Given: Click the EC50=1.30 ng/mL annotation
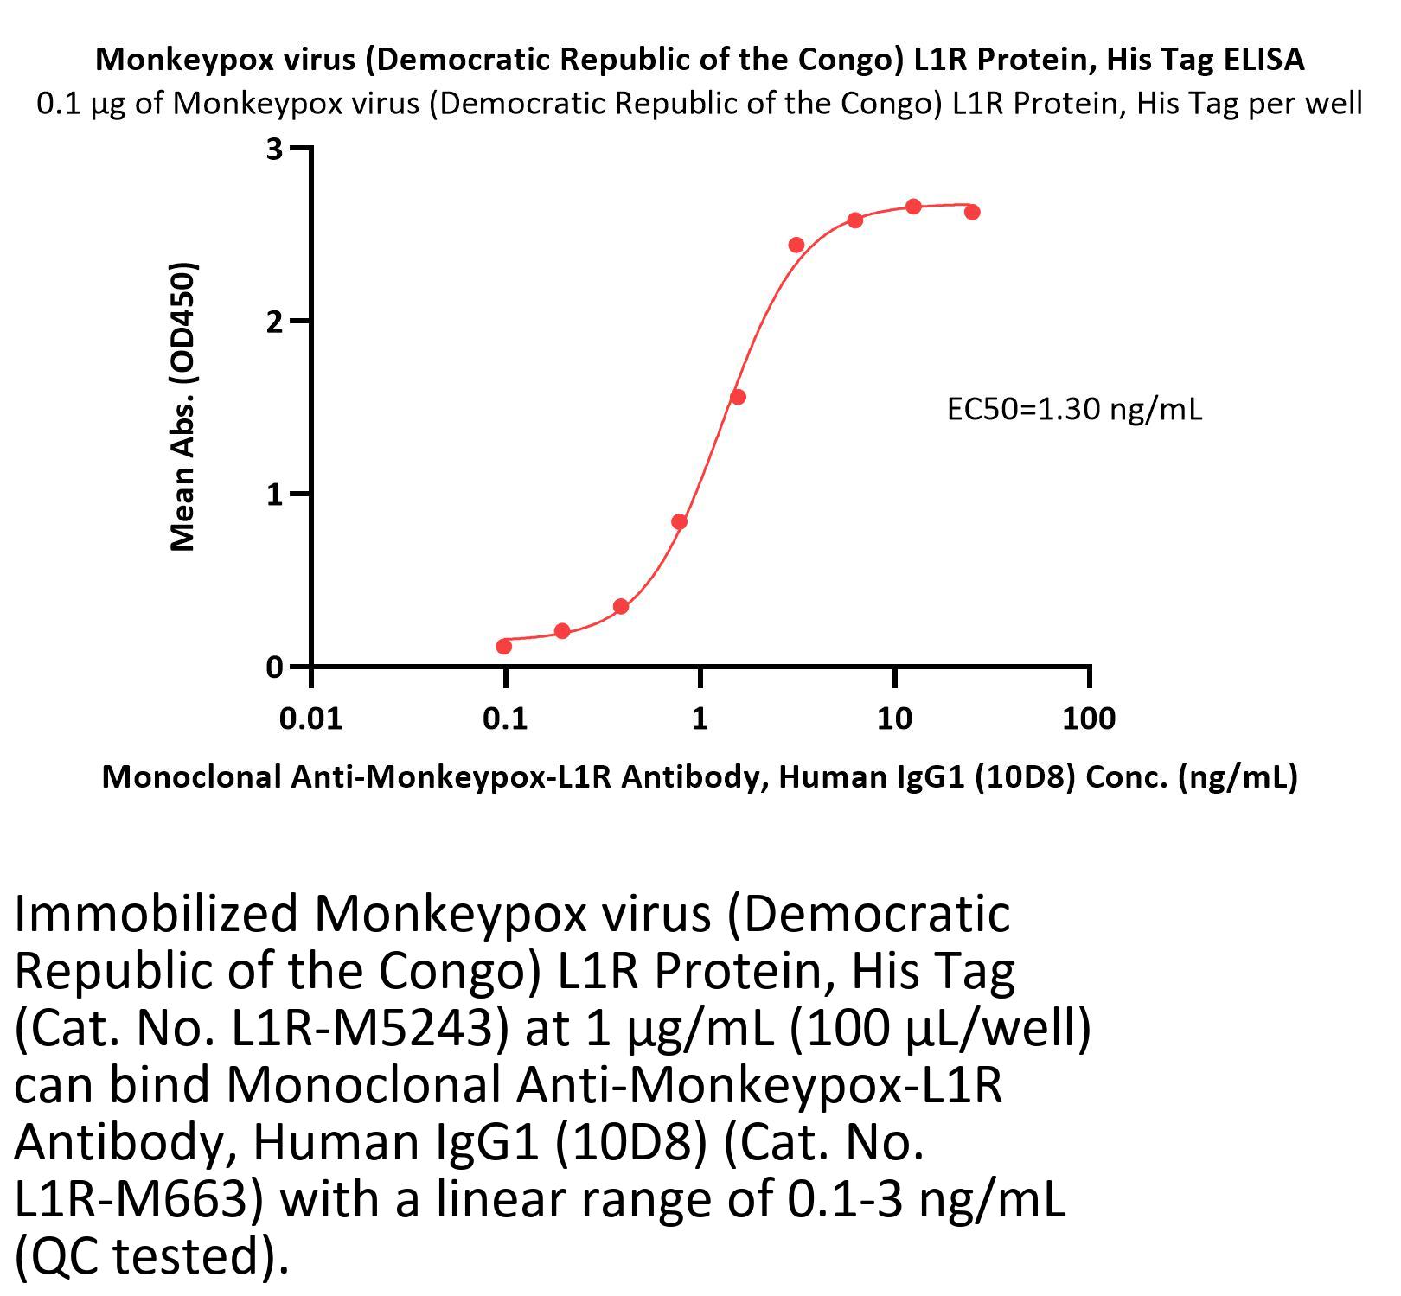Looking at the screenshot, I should pyautogui.click(x=1074, y=408).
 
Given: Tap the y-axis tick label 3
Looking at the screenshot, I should pyautogui.click(x=275, y=149).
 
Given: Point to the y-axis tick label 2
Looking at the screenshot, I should pyautogui.click(x=275, y=322).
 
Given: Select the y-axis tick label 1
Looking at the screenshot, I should pyautogui.click(x=275, y=495).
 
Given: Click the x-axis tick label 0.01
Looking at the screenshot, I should pyautogui.click(x=310, y=718).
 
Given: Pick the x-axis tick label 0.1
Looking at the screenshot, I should pyautogui.click(x=505, y=718).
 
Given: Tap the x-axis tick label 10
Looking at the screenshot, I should pyautogui.click(x=894, y=718).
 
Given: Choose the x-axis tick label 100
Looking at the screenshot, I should pyautogui.click(x=1089, y=718).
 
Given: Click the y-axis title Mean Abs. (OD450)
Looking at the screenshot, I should pyautogui.click(x=183, y=405).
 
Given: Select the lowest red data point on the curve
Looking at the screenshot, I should pyautogui.click(x=504, y=646).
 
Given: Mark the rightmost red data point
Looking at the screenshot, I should pyautogui.click(x=972, y=212).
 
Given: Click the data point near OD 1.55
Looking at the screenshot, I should pyautogui.click(x=738, y=397).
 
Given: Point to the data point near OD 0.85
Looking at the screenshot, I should pyautogui.click(x=679, y=521).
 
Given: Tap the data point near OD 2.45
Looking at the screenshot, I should pyautogui.click(x=796, y=245).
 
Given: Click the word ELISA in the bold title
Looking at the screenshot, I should pyautogui.click(x=1264, y=59).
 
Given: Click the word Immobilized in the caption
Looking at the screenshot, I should pyautogui.click(x=156, y=914).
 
